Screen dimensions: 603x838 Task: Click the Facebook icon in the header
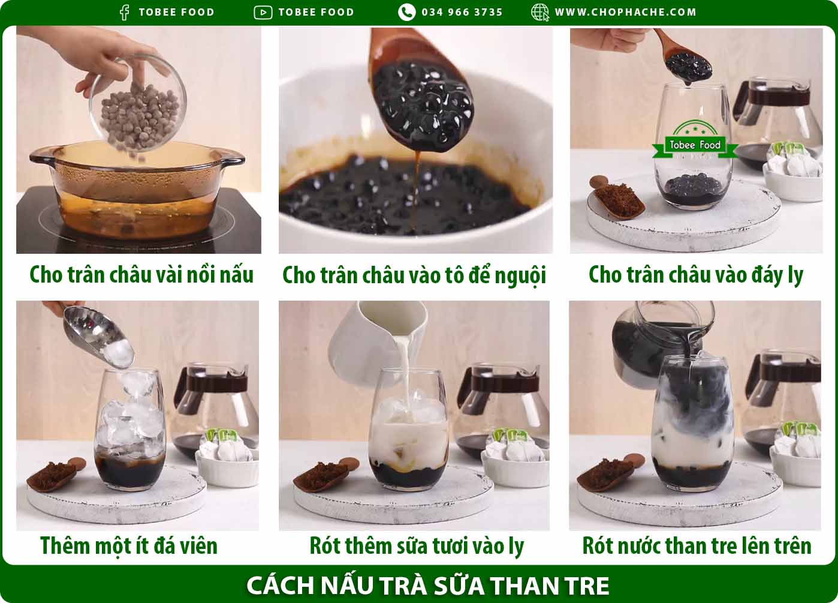click(x=124, y=12)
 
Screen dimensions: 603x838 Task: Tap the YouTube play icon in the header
click(x=263, y=12)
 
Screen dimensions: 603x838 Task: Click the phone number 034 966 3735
click(x=462, y=12)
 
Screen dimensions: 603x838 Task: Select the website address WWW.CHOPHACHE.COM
click(x=625, y=12)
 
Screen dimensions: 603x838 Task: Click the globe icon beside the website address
click(x=539, y=12)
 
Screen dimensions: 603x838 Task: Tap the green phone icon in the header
click(x=406, y=12)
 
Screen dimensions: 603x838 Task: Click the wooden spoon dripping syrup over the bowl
click(x=420, y=90)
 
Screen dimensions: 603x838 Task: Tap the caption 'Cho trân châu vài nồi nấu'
click(x=141, y=275)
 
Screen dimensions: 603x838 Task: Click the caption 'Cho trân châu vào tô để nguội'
click(x=414, y=275)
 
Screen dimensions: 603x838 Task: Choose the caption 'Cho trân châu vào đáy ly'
click(x=695, y=275)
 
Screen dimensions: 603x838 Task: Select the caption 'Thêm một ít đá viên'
click(x=128, y=545)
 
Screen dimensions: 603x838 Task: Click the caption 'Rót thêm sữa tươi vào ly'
click(x=416, y=545)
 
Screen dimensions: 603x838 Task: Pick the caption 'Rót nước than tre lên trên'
click(x=697, y=545)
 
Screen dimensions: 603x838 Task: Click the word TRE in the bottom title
click(x=587, y=586)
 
